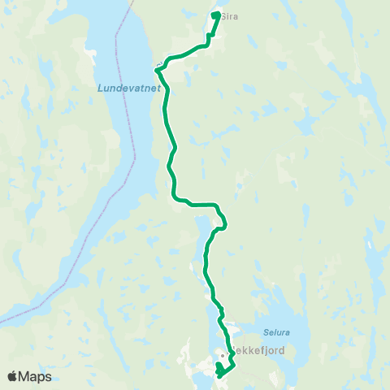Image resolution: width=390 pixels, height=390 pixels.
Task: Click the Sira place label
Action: [230, 15]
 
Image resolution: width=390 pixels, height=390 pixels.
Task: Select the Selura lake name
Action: [276, 331]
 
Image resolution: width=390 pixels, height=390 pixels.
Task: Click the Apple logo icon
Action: [13, 376]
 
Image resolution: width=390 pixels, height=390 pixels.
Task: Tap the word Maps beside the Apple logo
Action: [36, 376]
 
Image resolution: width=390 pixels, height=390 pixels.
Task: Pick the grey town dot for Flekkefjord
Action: [221, 354]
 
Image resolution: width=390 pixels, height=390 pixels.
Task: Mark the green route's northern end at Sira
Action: [215, 15]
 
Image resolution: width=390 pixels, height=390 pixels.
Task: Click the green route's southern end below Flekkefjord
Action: [219, 375]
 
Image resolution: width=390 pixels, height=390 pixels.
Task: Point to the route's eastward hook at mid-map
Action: [223, 222]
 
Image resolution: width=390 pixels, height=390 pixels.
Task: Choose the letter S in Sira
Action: [223, 15]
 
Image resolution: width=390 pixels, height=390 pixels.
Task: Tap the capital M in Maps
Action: [27, 376]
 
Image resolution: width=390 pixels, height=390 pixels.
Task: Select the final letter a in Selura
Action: [287, 331]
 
